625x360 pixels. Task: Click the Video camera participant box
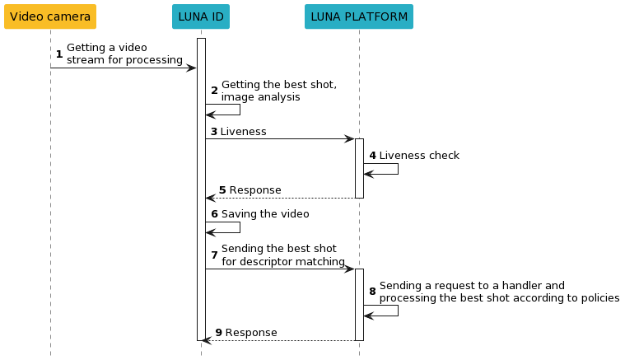pos(50,16)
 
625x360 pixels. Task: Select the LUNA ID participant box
pos(201,16)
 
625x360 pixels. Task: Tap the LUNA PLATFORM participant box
pos(359,16)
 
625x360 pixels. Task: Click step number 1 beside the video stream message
pos(58,54)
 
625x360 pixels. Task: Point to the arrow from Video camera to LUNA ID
pos(124,68)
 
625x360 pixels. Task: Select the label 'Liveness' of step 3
pos(243,132)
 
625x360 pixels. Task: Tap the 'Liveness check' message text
pos(419,155)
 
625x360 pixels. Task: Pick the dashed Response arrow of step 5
pos(280,198)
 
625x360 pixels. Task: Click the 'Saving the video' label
pos(265,214)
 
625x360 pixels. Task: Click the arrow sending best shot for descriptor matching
pos(280,269)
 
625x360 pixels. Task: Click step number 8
pos(372,292)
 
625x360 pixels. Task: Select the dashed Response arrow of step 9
pos(280,340)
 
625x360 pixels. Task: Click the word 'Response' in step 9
pos(251,333)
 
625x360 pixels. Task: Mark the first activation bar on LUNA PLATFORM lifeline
pos(359,168)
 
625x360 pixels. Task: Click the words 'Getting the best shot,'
pos(279,85)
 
